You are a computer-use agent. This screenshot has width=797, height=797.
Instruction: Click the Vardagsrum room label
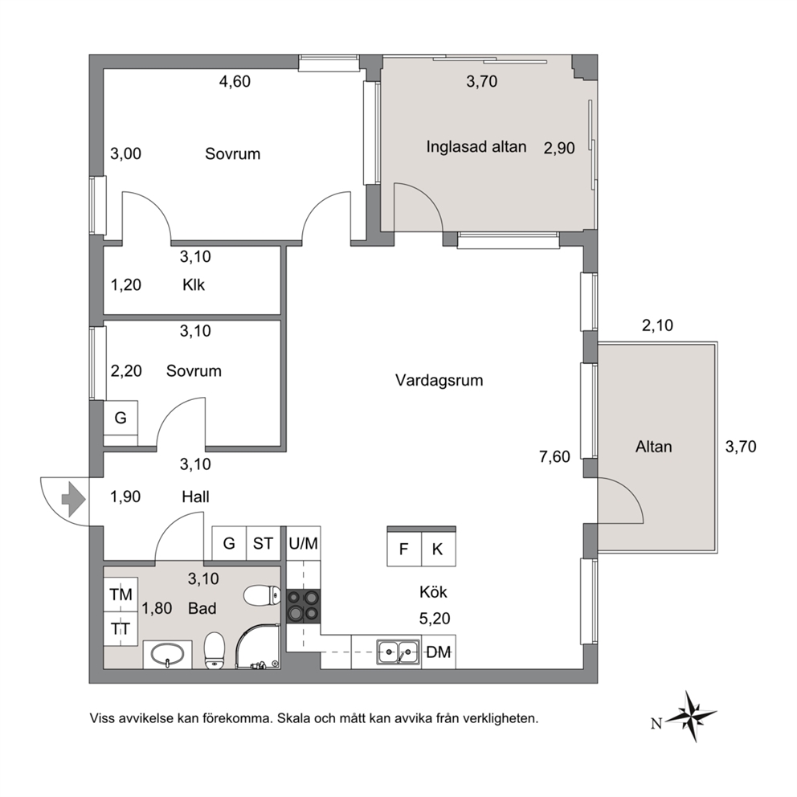tap(439, 380)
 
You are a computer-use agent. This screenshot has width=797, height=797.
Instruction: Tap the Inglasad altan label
tap(476, 147)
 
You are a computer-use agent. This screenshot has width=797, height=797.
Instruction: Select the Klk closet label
tap(194, 284)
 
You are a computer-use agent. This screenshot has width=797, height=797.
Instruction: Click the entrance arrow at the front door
tap(73, 500)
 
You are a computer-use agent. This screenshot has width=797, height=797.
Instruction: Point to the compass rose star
tap(690, 716)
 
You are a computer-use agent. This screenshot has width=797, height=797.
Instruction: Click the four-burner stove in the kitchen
tap(304, 607)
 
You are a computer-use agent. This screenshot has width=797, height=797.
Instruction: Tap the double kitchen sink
tap(398, 652)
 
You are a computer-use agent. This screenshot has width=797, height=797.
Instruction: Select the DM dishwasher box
tap(438, 652)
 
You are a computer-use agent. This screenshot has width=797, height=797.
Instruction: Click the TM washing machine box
tap(121, 595)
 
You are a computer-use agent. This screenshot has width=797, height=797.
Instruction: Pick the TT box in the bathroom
tap(121, 629)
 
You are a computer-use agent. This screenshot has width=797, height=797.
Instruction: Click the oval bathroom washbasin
tap(167, 654)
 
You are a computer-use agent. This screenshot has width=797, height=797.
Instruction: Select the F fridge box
tap(404, 549)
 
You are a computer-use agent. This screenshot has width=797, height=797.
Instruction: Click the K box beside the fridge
tap(438, 549)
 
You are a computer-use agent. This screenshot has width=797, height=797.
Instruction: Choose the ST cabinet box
tap(264, 543)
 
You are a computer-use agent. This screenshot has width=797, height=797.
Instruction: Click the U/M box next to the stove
tap(304, 543)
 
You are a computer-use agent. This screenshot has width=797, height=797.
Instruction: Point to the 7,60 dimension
tap(554, 457)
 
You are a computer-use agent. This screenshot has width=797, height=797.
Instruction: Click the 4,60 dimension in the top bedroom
tap(235, 81)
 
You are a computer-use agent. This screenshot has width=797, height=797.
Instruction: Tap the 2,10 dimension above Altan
tap(658, 325)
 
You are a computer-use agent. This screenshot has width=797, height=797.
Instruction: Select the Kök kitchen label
tap(434, 592)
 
